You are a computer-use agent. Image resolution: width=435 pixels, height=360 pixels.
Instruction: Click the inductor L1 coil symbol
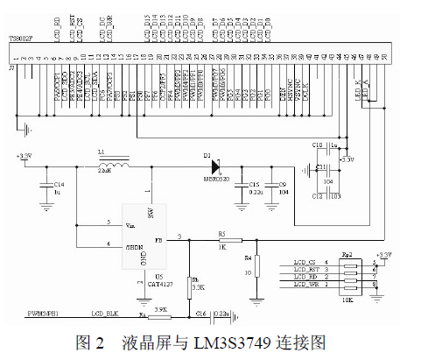coord(113,164)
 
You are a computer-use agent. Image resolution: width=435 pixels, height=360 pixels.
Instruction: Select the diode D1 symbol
coord(214,164)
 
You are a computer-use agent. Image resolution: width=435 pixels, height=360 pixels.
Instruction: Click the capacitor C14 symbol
coord(45,186)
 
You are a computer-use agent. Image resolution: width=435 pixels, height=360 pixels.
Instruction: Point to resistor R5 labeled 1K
coord(222,239)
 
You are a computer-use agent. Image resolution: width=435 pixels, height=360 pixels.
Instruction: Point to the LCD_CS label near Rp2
coord(305,261)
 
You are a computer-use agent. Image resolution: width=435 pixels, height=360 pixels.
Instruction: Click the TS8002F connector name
coord(20,39)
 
